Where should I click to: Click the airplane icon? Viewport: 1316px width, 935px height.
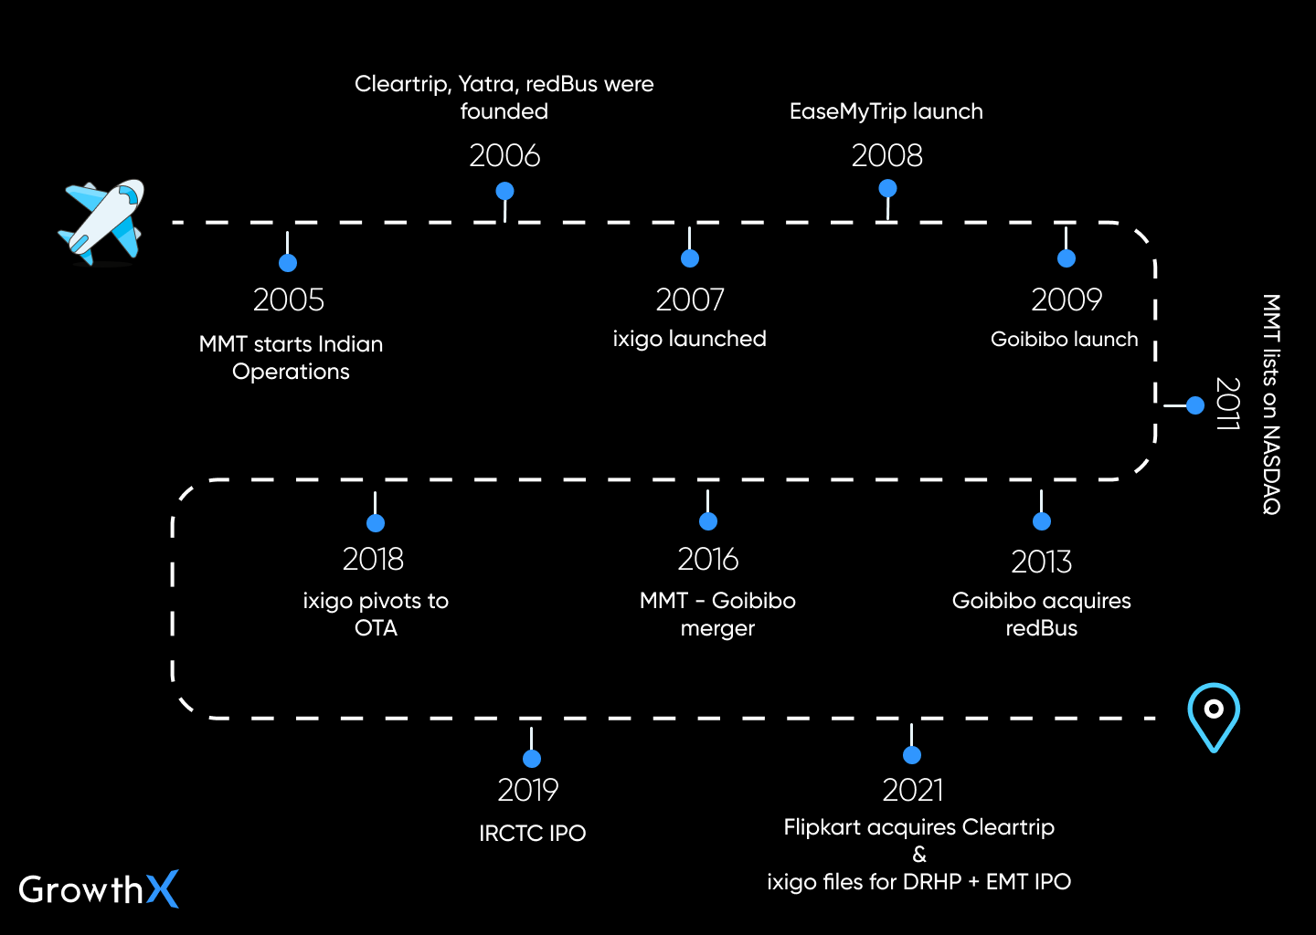103,222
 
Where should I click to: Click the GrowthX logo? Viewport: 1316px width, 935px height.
98,889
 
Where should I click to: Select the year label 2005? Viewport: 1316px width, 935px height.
288,299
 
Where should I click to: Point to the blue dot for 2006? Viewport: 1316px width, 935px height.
504,191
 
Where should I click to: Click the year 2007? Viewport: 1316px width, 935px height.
690,299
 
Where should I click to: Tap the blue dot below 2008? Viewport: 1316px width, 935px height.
887,188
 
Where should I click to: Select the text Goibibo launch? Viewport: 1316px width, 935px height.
1064,340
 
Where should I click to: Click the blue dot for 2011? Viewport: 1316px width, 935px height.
1195,405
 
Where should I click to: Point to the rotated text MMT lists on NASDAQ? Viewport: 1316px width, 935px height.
1271,404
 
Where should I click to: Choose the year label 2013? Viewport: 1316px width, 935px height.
1041,562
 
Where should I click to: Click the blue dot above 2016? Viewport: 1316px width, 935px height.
708,521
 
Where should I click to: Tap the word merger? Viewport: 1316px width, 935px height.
717,629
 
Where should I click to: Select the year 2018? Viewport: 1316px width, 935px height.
373,559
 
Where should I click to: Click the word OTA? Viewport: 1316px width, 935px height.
376,628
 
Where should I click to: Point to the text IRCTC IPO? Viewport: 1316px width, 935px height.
532,833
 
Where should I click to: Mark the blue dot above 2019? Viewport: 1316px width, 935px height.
532,759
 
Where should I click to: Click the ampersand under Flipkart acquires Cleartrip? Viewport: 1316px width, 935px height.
919,855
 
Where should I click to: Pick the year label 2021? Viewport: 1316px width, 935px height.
912,790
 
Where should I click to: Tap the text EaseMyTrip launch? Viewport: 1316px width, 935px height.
886,111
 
